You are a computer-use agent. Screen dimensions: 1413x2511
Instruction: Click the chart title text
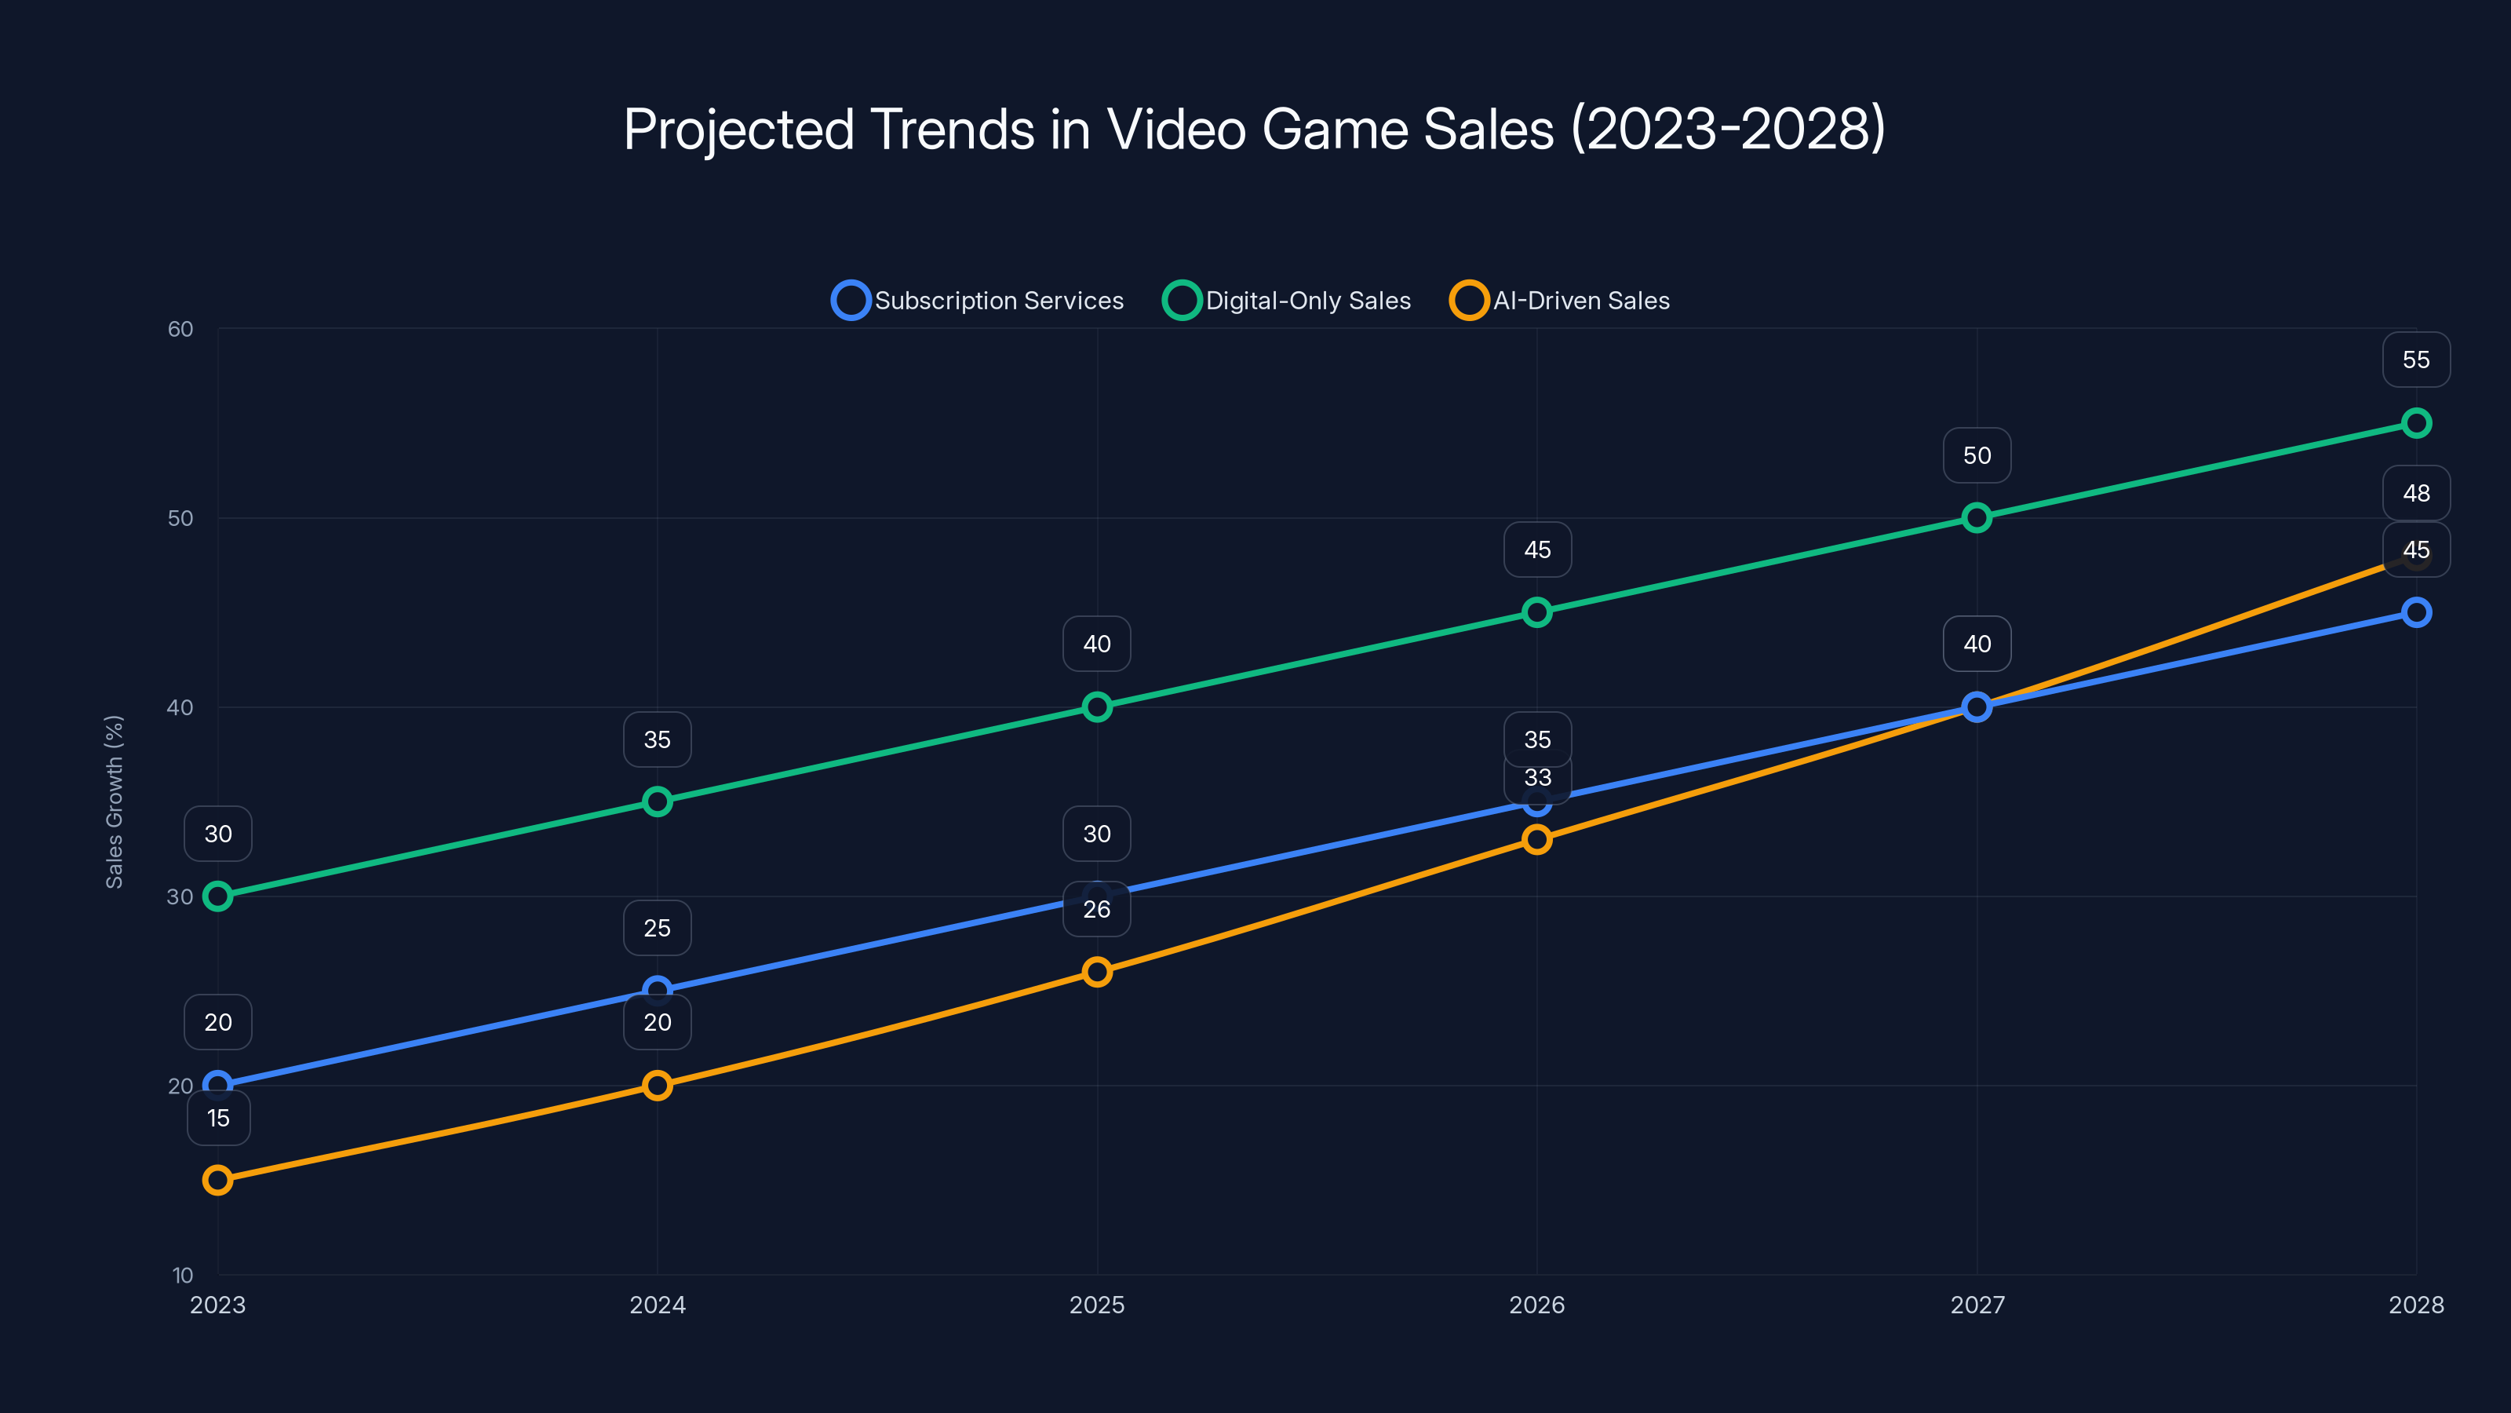1255,129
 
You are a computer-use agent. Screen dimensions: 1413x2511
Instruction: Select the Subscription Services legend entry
978,301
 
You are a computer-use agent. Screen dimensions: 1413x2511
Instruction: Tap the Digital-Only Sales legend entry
1287,301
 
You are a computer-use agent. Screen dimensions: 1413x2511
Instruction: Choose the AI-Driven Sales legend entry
1560,301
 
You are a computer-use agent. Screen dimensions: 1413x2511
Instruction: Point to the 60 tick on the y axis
180,329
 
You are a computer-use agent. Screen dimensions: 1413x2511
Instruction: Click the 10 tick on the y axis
182,1275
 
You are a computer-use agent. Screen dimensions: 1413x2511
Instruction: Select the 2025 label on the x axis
1097,1305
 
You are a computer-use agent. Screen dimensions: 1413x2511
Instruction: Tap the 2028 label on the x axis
2415,1305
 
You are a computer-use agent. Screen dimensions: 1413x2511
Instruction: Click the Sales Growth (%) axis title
114,801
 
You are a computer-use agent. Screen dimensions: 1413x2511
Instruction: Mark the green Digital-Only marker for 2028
2415,423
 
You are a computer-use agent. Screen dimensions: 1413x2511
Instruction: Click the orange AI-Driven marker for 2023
217,1180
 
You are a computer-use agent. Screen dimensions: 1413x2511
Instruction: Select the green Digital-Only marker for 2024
657,801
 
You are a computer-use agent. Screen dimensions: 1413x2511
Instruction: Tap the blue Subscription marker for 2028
2415,612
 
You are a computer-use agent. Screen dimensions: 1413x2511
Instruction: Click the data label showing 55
2415,360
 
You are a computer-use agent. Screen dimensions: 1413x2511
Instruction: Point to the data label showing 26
1097,909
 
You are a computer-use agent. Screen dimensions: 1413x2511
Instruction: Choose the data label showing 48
2415,494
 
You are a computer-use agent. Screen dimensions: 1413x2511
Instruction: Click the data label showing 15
218,1118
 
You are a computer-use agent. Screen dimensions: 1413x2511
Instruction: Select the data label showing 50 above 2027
1976,455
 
